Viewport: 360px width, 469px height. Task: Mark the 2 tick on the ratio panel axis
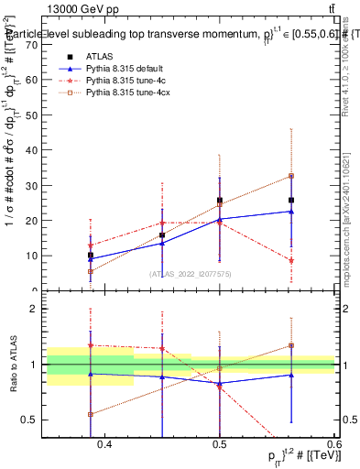tap(42, 309)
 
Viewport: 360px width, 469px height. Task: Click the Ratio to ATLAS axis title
tap(12, 365)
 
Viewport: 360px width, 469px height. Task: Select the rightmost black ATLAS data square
tap(291, 200)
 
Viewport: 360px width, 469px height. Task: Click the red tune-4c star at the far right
tap(291, 261)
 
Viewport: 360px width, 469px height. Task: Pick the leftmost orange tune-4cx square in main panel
tap(90, 271)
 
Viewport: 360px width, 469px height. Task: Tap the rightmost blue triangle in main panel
tap(291, 212)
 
